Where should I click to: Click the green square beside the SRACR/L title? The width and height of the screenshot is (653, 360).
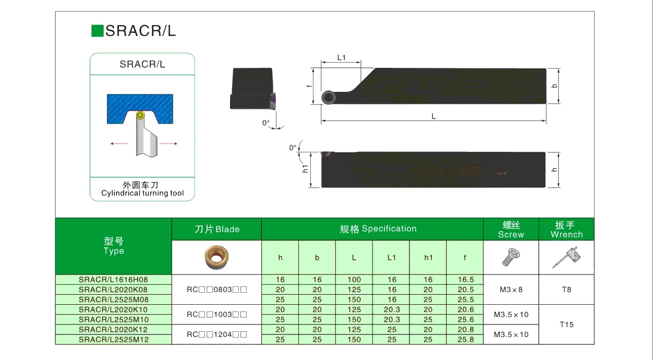coord(97,31)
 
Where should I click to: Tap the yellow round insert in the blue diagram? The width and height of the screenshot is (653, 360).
coord(139,115)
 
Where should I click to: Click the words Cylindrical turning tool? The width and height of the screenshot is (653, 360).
coord(142,193)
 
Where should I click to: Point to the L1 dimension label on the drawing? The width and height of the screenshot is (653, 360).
coord(342,57)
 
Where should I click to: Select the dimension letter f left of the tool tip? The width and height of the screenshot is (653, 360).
coord(309,86)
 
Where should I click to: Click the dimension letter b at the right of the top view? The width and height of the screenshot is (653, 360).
coord(554,86)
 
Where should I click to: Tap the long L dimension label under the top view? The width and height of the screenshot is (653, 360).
coord(433,116)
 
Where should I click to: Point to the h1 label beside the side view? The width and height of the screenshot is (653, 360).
coord(306,169)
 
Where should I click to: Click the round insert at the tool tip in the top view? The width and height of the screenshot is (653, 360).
coord(329,97)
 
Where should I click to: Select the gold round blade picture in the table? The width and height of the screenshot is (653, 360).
coord(216,257)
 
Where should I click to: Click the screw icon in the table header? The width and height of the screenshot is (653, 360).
coord(511,257)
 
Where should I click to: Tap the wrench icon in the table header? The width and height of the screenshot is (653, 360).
coord(566,257)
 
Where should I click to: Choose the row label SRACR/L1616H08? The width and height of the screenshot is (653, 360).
coord(113,280)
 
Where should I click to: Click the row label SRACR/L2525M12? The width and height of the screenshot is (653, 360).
coord(113,340)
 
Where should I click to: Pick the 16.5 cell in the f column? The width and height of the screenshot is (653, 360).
coord(465,280)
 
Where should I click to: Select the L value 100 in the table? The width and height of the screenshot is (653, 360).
coord(354,280)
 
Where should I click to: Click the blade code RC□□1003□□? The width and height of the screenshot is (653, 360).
coord(216,315)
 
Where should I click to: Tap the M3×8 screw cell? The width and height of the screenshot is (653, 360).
coord(511,290)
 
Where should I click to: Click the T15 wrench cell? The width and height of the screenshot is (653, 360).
coord(566,325)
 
